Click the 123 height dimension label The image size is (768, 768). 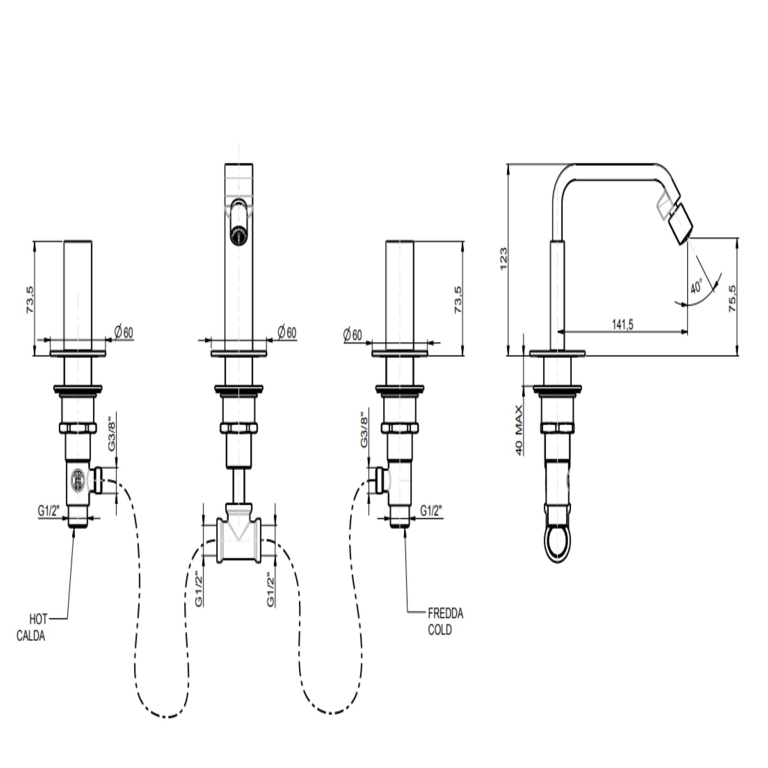pyautogui.click(x=504, y=259)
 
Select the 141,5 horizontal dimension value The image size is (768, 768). pyautogui.click(x=622, y=324)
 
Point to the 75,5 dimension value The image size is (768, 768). pyautogui.click(x=732, y=298)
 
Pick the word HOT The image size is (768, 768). pyautogui.click(x=38, y=619)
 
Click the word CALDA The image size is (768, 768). pyautogui.click(x=31, y=636)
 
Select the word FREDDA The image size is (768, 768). pyautogui.click(x=446, y=613)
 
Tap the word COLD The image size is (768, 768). pyautogui.click(x=440, y=630)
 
